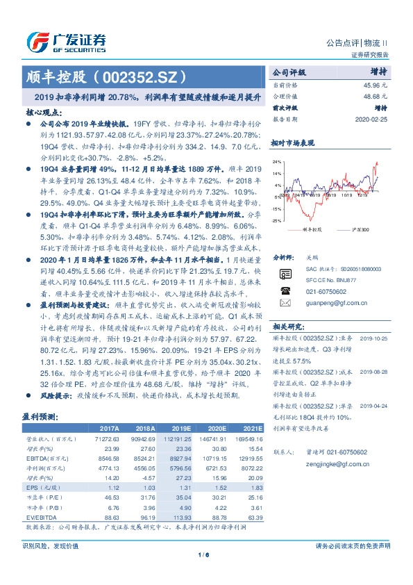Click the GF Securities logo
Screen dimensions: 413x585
pos(66,42)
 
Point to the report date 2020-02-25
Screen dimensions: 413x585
pos(373,120)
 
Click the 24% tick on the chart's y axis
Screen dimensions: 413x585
pos(277,173)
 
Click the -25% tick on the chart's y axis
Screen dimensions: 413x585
pos(277,220)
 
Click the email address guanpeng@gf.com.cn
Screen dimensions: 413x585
pos(324,284)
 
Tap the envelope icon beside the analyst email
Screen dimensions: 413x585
pos(285,284)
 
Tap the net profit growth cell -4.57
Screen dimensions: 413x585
pos(147,477)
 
